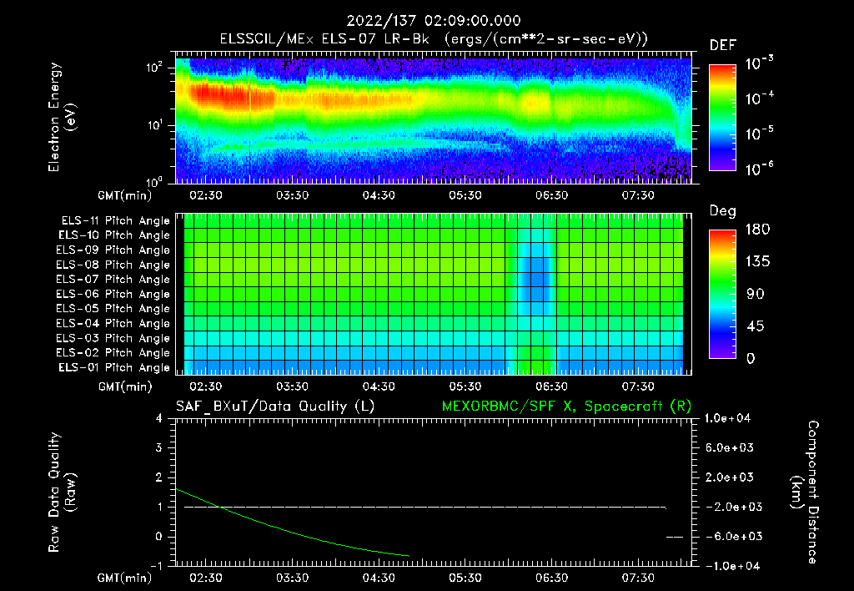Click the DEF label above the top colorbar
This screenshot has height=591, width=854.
[x=722, y=45]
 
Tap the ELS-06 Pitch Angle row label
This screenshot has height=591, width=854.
[x=113, y=294]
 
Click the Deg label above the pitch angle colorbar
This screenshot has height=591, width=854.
[x=722, y=211]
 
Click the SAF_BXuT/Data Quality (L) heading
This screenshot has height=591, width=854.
[x=274, y=406]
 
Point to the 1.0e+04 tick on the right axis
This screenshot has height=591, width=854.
[x=730, y=418]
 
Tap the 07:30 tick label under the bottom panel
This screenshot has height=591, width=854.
[x=637, y=578]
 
